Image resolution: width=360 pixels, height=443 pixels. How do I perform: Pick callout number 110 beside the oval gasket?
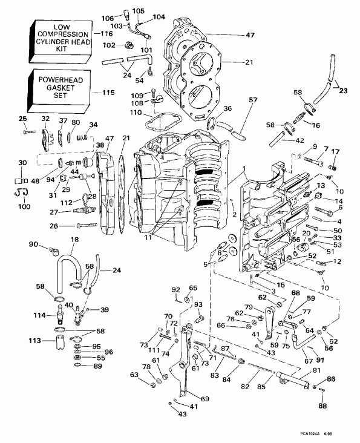click(137, 113)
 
